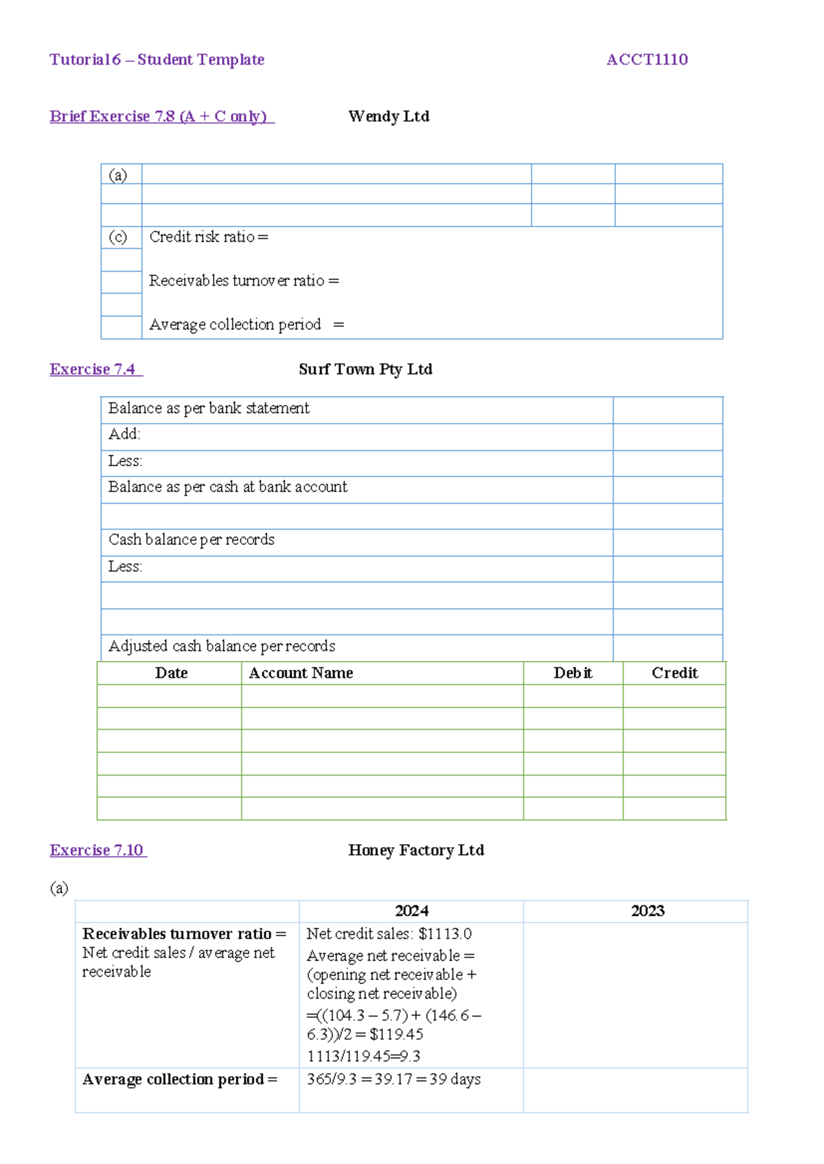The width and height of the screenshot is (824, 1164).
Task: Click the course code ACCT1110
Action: pyautogui.click(x=647, y=60)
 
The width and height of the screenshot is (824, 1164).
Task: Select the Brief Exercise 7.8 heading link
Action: pyautogui.click(x=161, y=117)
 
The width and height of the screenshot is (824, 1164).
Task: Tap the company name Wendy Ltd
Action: pyautogui.click(x=389, y=117)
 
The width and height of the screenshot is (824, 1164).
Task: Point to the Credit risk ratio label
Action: pyautogui.click(x=208, y=237)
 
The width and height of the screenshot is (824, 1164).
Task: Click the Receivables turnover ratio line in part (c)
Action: pyautogui.click(x=244, y=281)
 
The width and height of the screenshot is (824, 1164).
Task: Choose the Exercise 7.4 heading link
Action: pyautogui.click(x=96, y=369)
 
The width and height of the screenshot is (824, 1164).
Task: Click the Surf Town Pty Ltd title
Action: pyautogui.click(x=365, y=369)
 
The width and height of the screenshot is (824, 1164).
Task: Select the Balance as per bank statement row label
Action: pyautogui.click(x=209, y=408)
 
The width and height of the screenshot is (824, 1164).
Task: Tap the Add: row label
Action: pyautogui.click(x=124, y=434)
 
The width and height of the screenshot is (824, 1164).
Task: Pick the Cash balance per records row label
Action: pyautogui.click(x=192, y=539)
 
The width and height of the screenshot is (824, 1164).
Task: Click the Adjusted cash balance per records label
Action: pyautogui.click(x=222, y=646)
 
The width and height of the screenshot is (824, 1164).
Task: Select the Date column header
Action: pyautogui.click(x=171, y=673)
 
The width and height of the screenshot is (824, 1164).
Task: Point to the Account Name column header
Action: pyautogui.click(x=301, y=673)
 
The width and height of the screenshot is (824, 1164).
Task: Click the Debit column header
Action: pyautogui.click(x=573, y=673)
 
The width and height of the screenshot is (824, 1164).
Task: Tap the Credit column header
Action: pyautogui.click(x=674, y=673)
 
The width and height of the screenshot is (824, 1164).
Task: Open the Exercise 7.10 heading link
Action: pyautogui.click(x=98, y=850)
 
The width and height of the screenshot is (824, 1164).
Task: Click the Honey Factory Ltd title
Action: pyautogui.click(x=416, y=850)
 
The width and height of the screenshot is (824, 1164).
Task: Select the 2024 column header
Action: pyautogui.click(x=411, y=911)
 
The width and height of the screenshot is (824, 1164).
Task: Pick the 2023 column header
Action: pyautogui.click(x=648, y=911)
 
